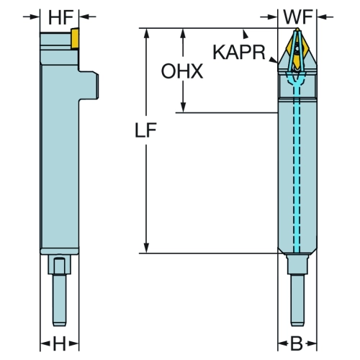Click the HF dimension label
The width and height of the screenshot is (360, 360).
[60, 17]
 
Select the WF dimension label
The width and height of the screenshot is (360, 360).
[298, 17]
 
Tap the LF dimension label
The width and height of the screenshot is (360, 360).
[145, 130]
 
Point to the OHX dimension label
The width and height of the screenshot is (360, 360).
[182, 71]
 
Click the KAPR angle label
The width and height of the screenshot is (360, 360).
[239, 52]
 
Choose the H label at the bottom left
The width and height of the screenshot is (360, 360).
[59, 343]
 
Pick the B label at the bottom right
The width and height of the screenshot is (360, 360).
[297, 343]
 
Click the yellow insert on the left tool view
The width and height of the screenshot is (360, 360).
[75, 38]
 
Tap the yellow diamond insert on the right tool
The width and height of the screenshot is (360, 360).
[297, 49]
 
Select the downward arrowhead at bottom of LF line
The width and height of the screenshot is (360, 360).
[146, 248]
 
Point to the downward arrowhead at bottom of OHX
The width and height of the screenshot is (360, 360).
[183, 107]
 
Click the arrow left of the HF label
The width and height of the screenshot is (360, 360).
[31, 17]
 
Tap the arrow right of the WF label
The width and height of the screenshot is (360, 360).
[325, 17]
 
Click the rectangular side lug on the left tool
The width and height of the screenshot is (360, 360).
[89, 85]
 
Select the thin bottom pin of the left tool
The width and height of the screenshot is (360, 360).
[60, 300]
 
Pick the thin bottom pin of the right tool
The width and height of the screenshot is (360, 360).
[297, 300]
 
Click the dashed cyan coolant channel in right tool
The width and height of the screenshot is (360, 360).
[297, 168]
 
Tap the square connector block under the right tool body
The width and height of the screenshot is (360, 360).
[297, 264]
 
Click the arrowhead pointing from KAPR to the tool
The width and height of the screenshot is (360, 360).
[273, 60]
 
